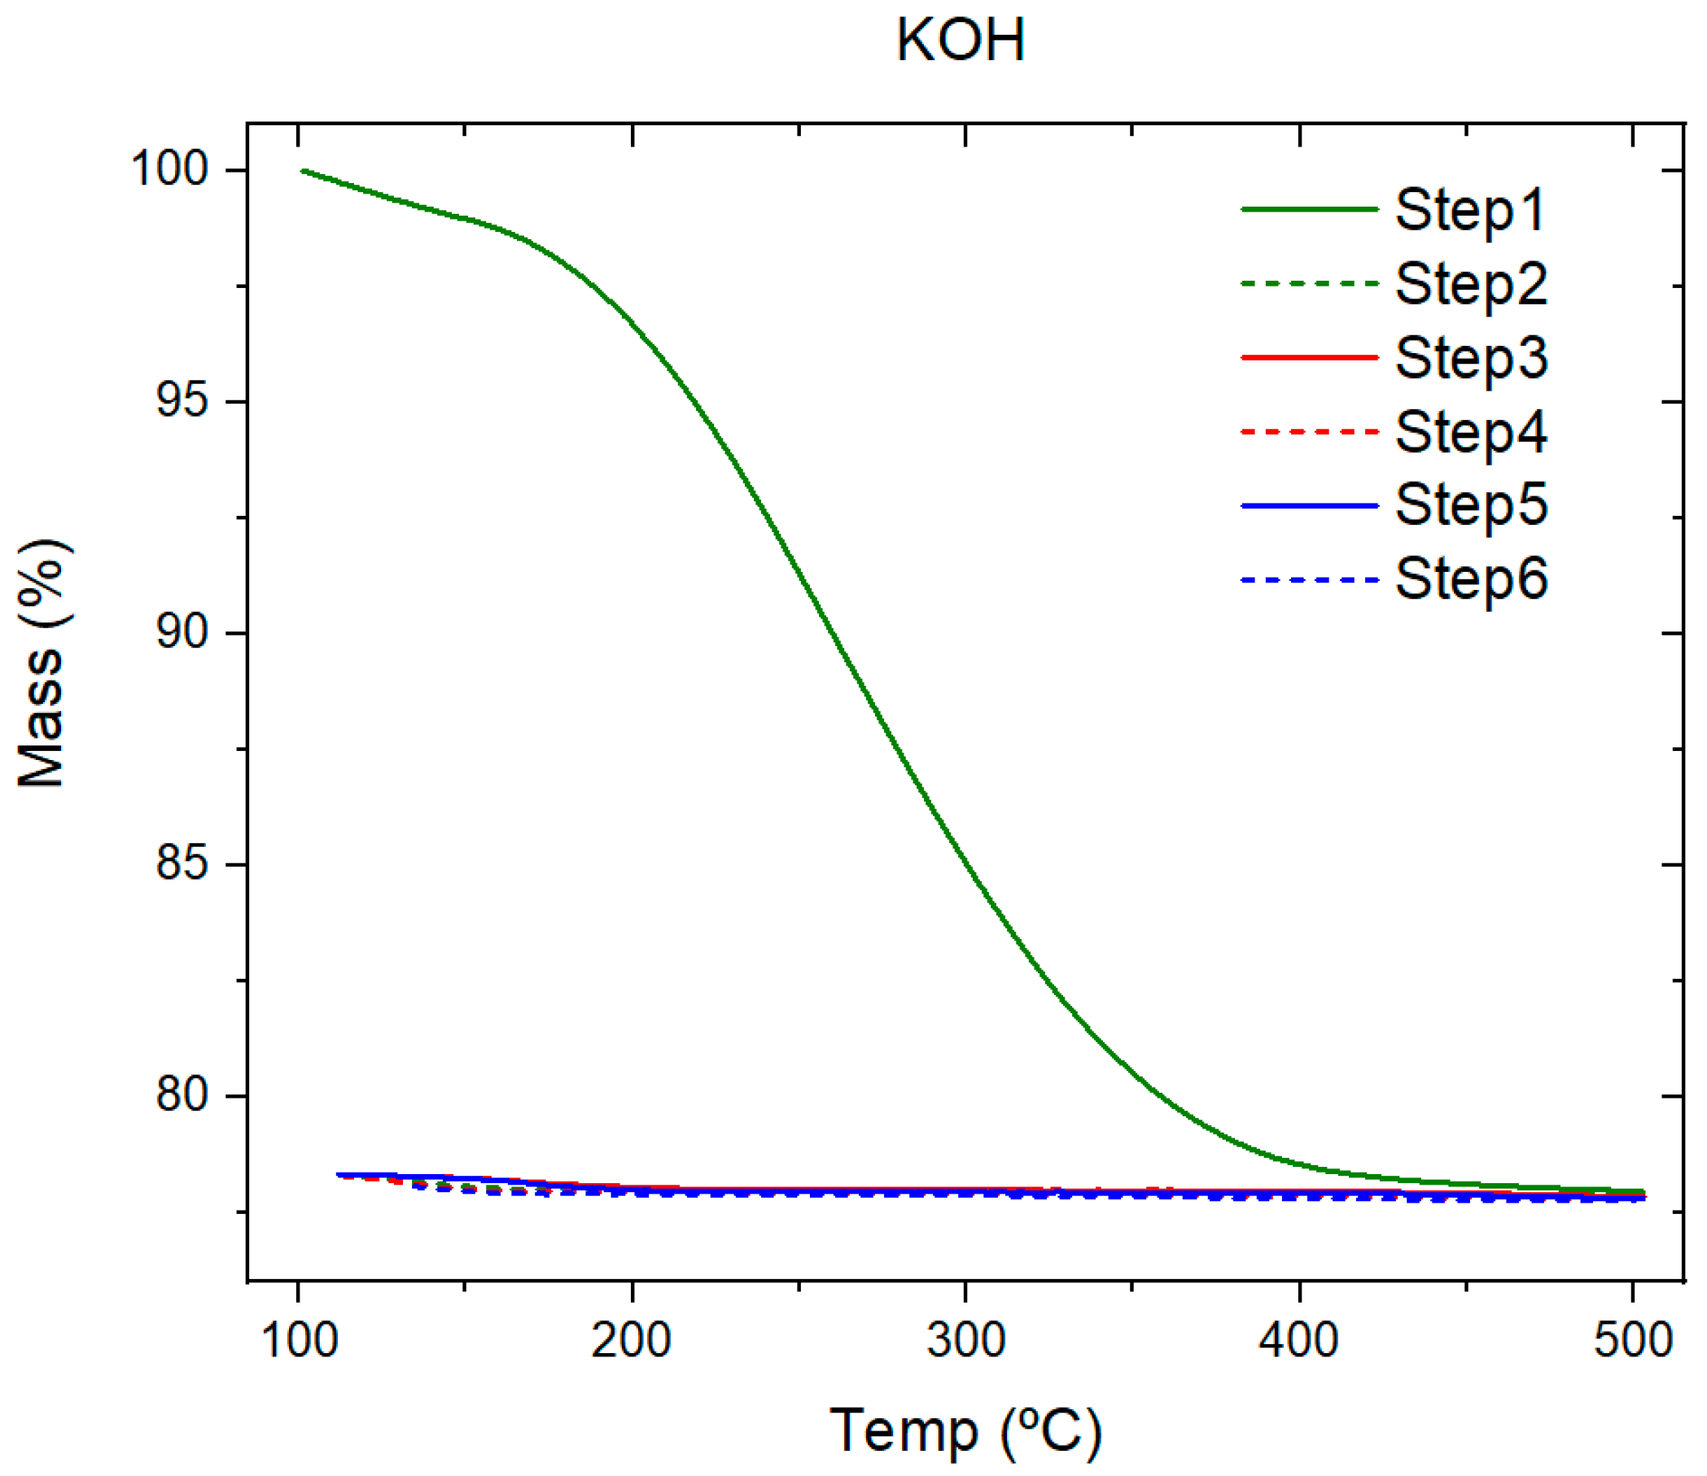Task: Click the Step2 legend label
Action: pyautogui.click(x=1471, y=284)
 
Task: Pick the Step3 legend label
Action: pyautogui.click(x=1471, y=357)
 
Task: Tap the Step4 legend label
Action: pyautogui.click(x=1471, y=431)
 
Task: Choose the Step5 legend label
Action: pyautogui.click(x=1471, y=505)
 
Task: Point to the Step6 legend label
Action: pyautogui.click(x=1471, y=579)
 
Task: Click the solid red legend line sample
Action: pyautogui.click(x=1309, y=357)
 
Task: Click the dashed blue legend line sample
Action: pyautogui.click(x=1309, y=580)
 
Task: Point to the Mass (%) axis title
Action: pyautogui.click(x=42, y=664)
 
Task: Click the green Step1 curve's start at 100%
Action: pyautogui.click(x=304, y=171)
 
